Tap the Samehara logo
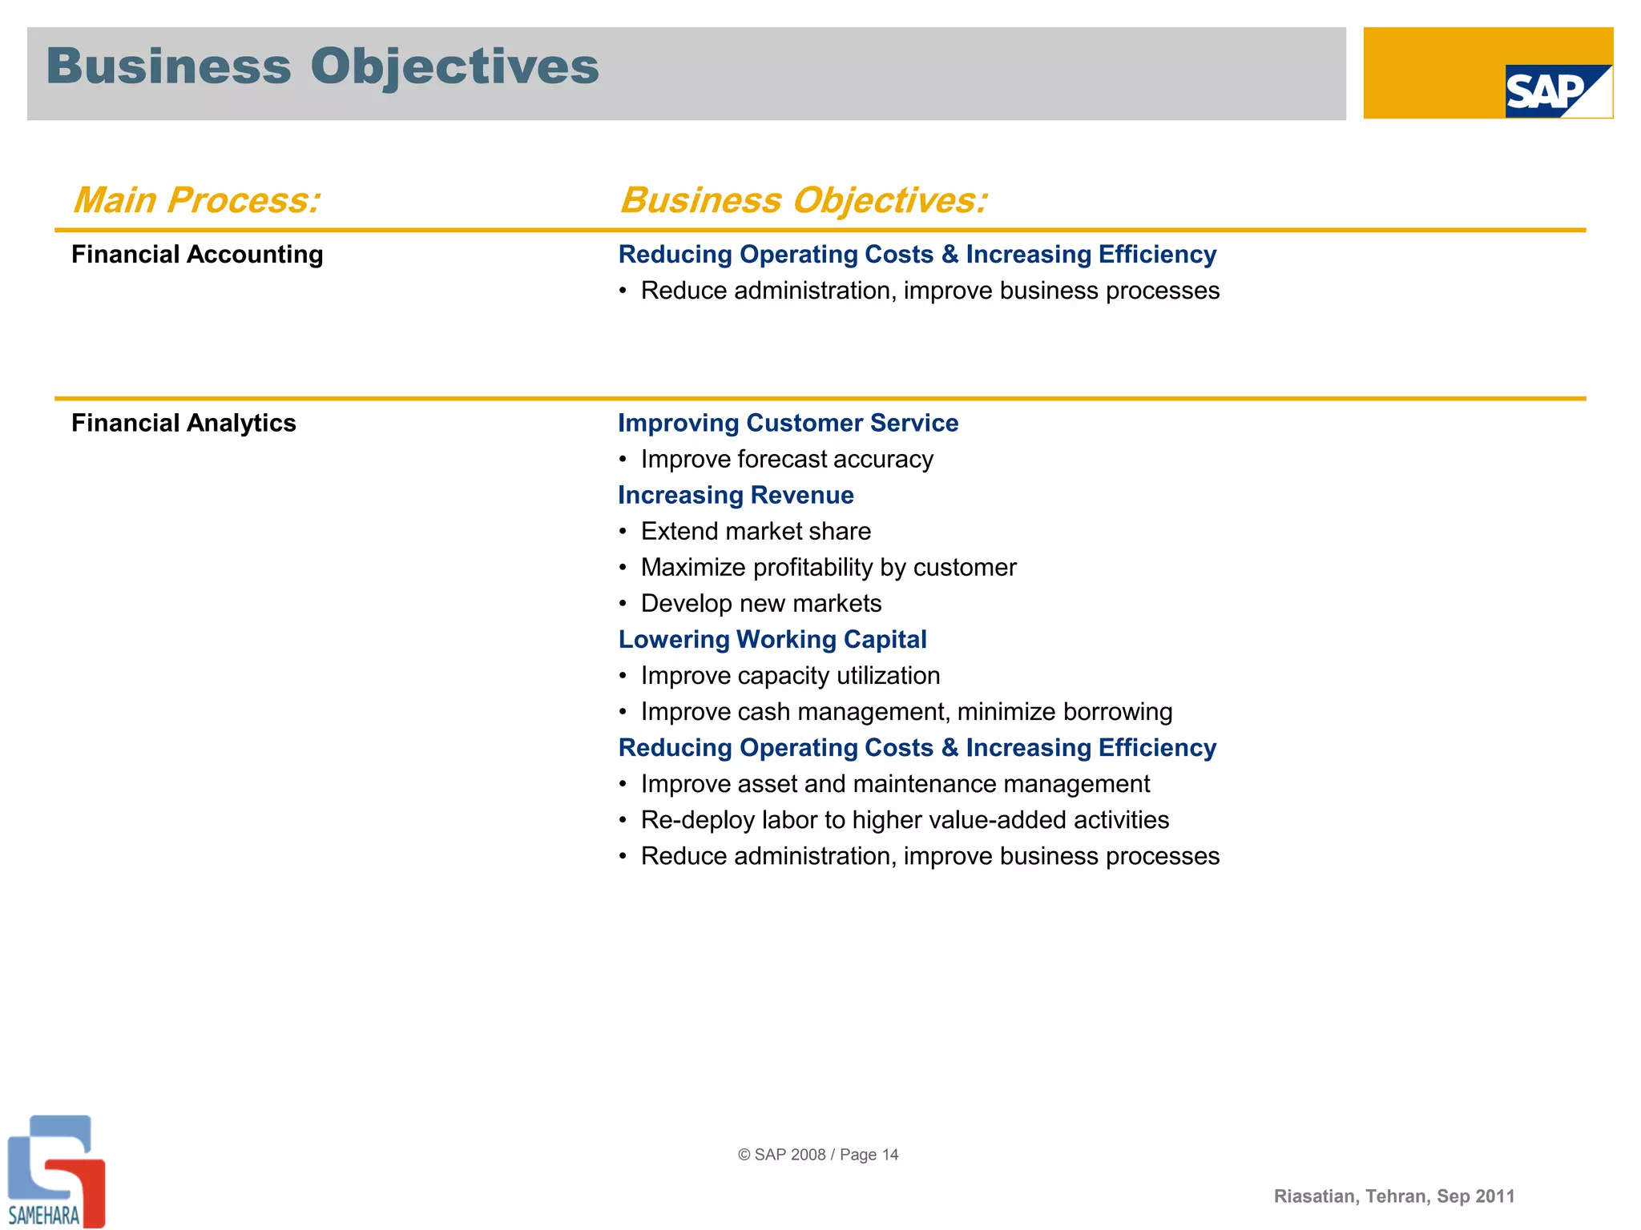click(x=54, y=1172)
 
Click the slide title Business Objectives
click(x=322, y=66)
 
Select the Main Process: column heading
click(x=196, y=200)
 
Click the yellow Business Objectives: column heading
click(x=804, y=200)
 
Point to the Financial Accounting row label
click(x=197, y=255)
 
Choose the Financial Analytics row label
click(x=183, y=423)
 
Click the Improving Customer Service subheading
click(x=788, y=423)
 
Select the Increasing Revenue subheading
click(x=736, y=495)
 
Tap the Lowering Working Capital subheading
click(x=772, y=639)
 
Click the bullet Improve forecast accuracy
click(x=786, y=459)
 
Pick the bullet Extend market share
click(x=755, y=531)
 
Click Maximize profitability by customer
click(x=828, y=567)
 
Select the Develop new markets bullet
click(x=760, y=603)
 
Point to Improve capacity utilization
click(x=790, y=675)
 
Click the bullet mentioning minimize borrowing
click(x=905, y=711)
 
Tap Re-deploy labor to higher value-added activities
click(x=904, y=819)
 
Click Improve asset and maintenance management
click(x=894, y=783)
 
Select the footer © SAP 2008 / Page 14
click(x=818, y=1154)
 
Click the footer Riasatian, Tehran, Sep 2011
click(x=1394, y=1196)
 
